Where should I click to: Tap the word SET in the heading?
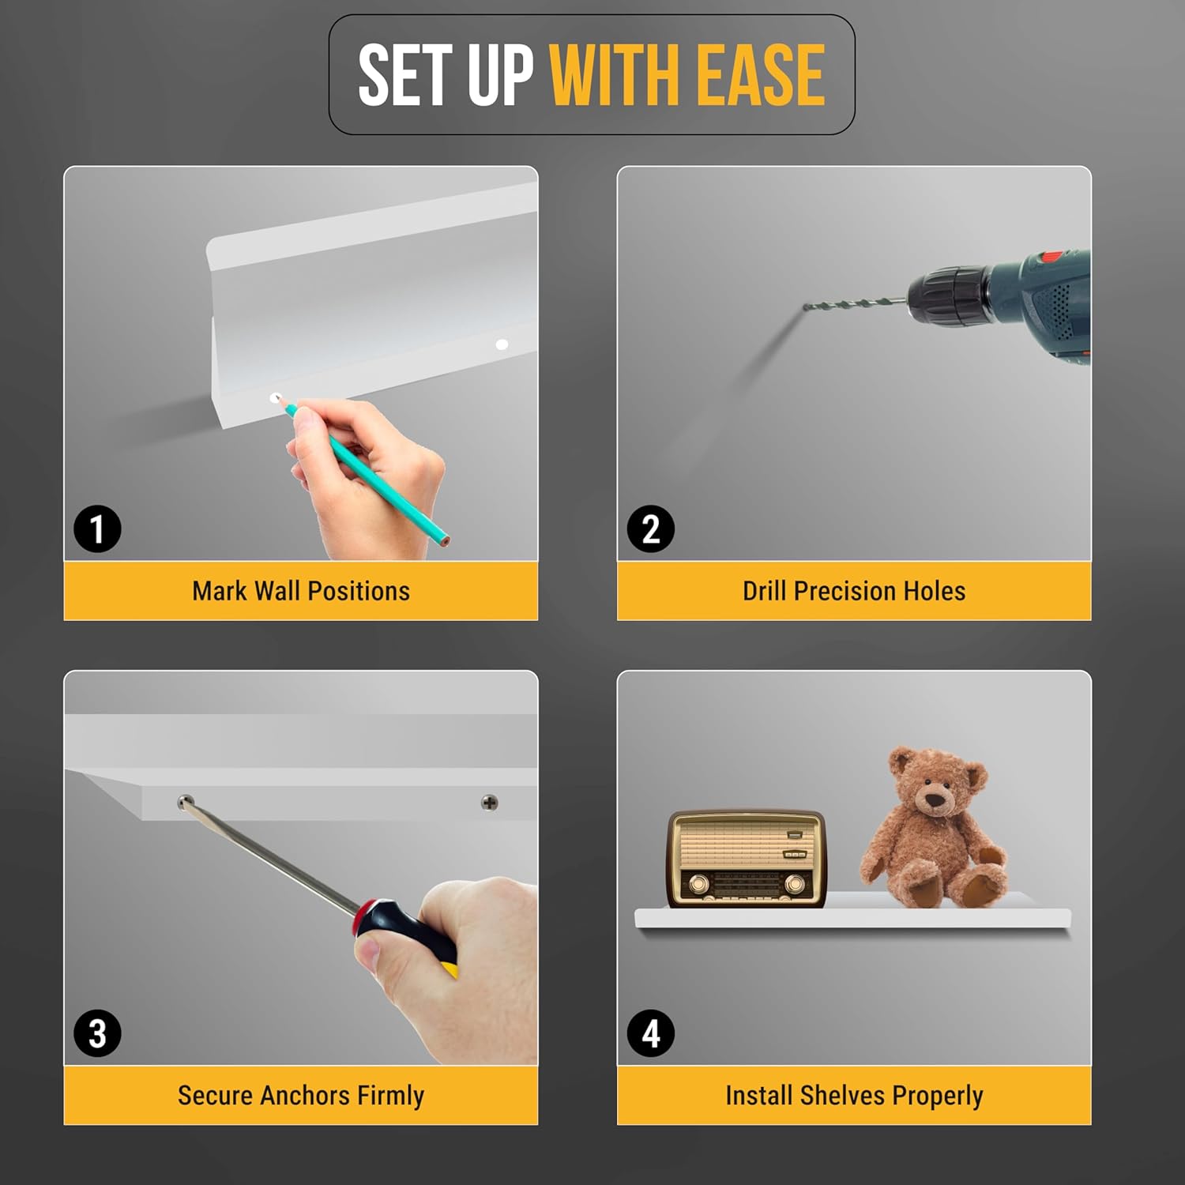(406, 75)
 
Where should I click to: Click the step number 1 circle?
(97, 529)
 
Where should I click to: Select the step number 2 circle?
(650, 529)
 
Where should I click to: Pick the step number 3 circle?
(97, 1033)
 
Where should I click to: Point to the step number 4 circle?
(650, 1033)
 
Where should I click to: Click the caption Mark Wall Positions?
(301, 591)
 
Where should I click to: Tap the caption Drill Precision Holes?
(854, 591)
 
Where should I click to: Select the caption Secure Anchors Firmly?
(301, 1096)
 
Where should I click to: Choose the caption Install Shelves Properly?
(854, 1096)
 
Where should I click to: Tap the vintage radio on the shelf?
(747, 858)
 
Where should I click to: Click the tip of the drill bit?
(806, 307)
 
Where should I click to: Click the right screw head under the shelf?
(490, 803)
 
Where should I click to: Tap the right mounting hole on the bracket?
(502, 344)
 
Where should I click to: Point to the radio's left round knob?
(698, 883)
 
